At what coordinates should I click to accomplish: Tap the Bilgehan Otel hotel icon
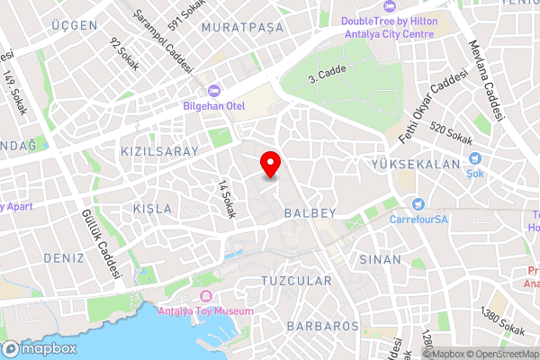214,90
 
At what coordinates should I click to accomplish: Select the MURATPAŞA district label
242,28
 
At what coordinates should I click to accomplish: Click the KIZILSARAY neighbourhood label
158,152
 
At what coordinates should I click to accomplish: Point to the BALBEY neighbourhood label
310,214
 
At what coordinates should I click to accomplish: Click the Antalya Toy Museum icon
206,297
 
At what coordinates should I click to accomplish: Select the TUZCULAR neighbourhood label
296,282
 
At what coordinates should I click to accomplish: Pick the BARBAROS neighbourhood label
318,326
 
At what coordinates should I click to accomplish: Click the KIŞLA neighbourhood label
152,209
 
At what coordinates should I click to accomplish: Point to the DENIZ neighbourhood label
62,257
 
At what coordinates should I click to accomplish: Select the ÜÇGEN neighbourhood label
75,25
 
